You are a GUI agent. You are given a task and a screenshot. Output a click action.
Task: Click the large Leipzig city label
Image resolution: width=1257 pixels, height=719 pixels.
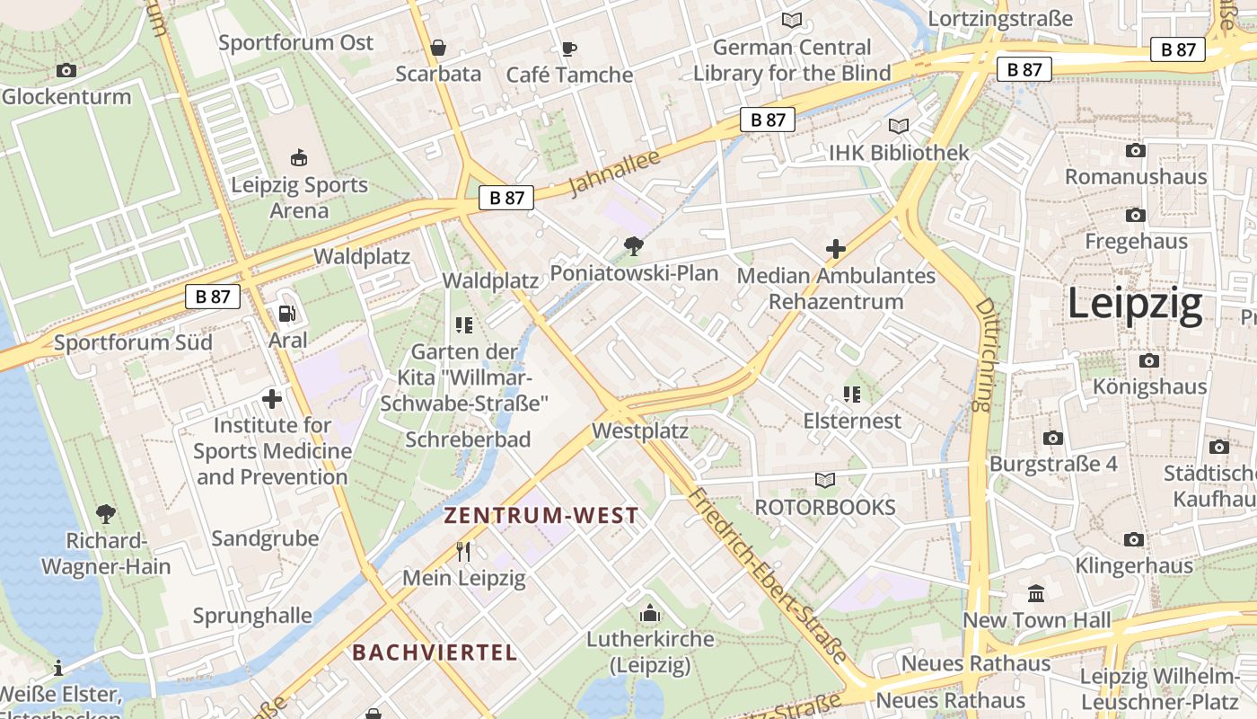click(1135, 305)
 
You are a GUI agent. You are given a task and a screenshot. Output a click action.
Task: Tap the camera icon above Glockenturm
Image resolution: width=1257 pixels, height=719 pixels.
click(66, 70)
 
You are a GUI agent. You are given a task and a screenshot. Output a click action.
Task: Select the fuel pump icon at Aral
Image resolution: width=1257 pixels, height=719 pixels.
click(287, 314)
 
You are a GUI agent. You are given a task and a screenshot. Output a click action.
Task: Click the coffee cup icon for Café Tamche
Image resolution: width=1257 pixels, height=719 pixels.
click(568, 49)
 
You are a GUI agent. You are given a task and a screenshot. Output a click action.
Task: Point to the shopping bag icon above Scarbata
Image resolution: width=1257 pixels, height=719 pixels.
click(438, 48)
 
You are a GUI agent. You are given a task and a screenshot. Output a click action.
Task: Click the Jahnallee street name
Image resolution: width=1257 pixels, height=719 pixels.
click(614, 173)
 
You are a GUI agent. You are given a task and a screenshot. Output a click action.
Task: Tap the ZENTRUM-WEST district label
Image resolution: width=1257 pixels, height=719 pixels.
click(541, 516)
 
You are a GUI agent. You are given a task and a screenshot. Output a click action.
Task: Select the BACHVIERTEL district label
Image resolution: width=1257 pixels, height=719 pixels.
click(435, 652)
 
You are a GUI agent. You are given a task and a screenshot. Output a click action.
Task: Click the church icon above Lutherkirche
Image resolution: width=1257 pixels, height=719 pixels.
click(649, 614)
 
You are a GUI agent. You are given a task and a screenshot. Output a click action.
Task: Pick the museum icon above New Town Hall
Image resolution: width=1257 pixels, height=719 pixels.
click(1036, 594)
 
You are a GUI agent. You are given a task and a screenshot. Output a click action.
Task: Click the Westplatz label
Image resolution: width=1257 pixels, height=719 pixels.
click(639, 431)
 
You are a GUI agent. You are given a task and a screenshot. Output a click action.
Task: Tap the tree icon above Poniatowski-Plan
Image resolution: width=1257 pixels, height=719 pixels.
click(634, 245)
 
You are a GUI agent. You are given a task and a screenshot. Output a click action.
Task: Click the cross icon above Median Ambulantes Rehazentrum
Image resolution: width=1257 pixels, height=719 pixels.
click(836, 249)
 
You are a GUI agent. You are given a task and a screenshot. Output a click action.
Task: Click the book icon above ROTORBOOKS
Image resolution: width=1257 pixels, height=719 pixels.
click(825, 481)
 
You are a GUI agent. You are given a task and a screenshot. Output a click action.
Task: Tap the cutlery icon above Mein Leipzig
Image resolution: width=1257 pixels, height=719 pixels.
click(463, 551)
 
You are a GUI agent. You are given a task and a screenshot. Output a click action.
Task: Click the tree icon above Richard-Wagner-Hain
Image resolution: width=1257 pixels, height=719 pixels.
click(106, 514)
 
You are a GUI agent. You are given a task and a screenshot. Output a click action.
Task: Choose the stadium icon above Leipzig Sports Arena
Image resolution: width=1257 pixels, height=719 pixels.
click(299, 158)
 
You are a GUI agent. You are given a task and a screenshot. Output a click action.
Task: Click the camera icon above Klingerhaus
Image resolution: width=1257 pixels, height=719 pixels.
click(1134, 539)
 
